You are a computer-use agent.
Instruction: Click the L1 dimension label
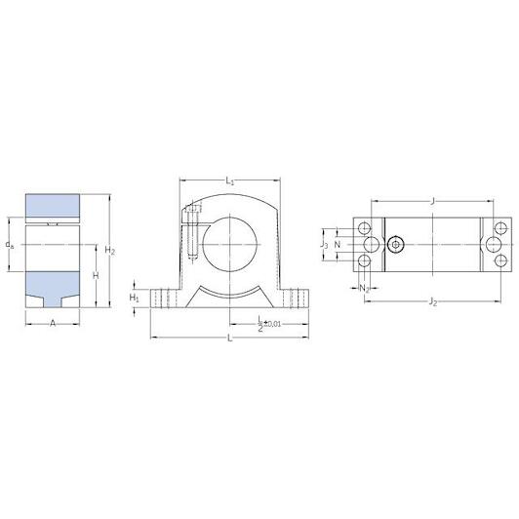coord(229,181)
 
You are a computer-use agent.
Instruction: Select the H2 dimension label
coord(109,250)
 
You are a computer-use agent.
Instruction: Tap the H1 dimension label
coord(134,298)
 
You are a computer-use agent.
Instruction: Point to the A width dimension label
coord(53,323)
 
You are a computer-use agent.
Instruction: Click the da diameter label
coord(10,245)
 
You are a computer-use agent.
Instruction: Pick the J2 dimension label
coord(433,301)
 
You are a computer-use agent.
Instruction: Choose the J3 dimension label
coord(324,245)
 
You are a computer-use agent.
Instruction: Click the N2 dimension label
coord(364,289)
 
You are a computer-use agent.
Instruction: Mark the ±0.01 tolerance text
coord(272,324)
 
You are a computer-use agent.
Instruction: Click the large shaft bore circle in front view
coord(229,244)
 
